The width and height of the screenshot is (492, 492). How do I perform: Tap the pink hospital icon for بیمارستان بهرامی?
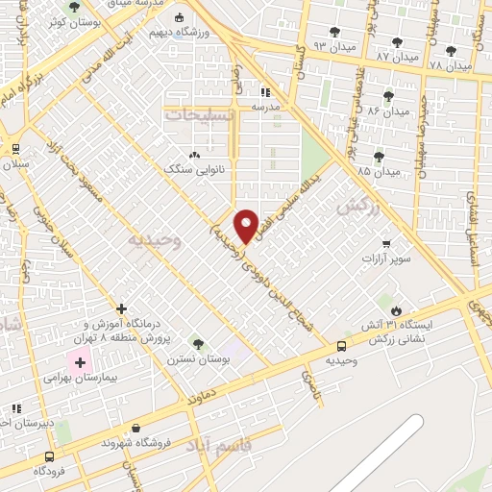[x=80, y=363]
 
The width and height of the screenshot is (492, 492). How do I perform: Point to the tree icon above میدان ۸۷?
[x=397, y=41]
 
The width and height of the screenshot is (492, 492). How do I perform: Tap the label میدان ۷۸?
[x=450, y=65]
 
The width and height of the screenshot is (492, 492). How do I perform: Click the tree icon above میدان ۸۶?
[x=388, y=95]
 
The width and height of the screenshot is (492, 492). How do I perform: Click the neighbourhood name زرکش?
[x=354, y=207]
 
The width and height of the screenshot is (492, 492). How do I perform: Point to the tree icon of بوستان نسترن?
[x=198, y=343]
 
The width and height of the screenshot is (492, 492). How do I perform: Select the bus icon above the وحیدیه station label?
[x=342, y=346]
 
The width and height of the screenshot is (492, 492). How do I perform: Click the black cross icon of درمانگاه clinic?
[x=121, y=309]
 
